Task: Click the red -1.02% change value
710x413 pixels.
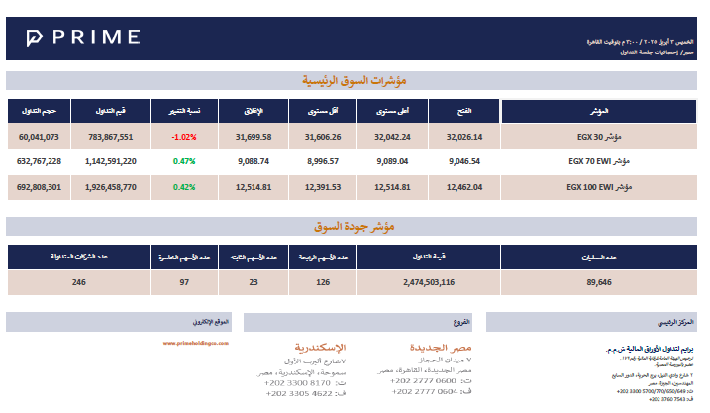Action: [184, 137]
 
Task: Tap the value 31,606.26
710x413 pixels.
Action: [323, 137]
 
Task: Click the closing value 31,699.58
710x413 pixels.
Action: [253, 137]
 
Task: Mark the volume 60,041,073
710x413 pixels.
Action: [40, 137]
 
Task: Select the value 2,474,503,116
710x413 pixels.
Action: [429, 282]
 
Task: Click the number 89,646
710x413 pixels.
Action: [599, 282]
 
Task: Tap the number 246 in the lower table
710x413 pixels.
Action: [79, 282]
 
